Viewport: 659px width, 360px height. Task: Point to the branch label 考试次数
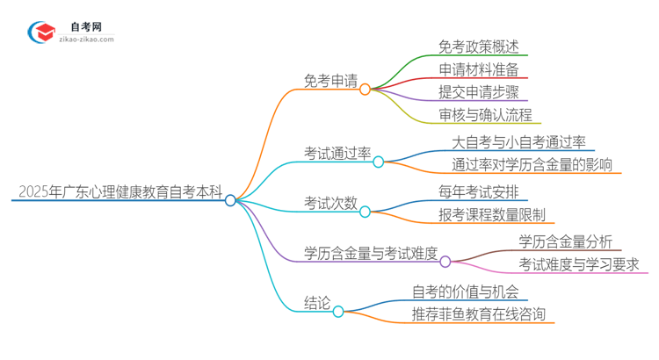pyautogui.click(x=331, y=203)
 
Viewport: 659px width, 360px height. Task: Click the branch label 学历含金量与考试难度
pyautogui.click(x=371, y=252)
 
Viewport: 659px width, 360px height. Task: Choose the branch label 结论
pyautogui.click(x=316, y=302)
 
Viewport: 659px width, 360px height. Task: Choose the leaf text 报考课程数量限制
pyautogui.click(x=492, y=213)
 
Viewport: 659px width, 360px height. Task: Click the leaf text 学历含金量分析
pyautogui.click(x=566, y=241)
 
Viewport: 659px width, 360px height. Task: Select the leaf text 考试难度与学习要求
pyautogui.click(x=579, y=263)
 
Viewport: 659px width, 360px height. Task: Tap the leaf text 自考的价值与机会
pyautogui.click(x=466, y=291)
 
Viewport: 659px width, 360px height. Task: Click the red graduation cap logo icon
pyautogui.click(x=41, y=32)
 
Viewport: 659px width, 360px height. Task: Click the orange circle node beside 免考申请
pyautogui.click(x=365, y=89)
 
